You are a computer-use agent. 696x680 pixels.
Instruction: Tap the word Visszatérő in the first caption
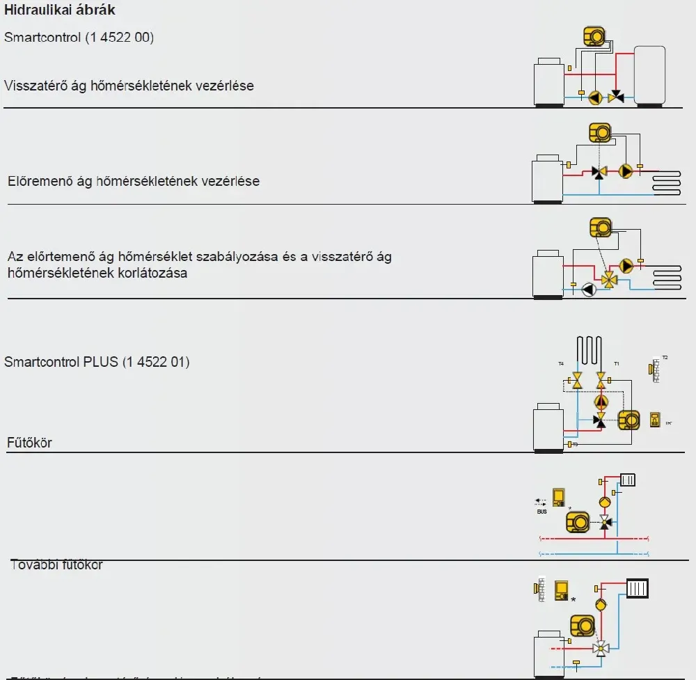click(35, 86)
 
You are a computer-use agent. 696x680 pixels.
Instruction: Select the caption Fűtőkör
click(29, 442)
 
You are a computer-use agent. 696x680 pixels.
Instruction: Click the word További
click(33, 564)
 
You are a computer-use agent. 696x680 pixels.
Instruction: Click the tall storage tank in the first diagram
click(649, 75)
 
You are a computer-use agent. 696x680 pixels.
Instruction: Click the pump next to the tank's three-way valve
click(596, 97)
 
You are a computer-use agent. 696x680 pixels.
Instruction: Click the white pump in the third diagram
click(588, 290)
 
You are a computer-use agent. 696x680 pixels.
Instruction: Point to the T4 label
click(560, 364)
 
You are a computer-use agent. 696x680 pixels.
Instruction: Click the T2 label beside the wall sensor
click(665, 358)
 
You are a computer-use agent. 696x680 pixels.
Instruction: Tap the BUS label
click(541, 512)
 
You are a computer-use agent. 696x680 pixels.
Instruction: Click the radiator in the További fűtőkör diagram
click(627, 480)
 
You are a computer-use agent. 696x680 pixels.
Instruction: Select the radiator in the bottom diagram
click(638, 590)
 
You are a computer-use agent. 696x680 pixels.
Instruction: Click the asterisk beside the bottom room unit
click(573, 599)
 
